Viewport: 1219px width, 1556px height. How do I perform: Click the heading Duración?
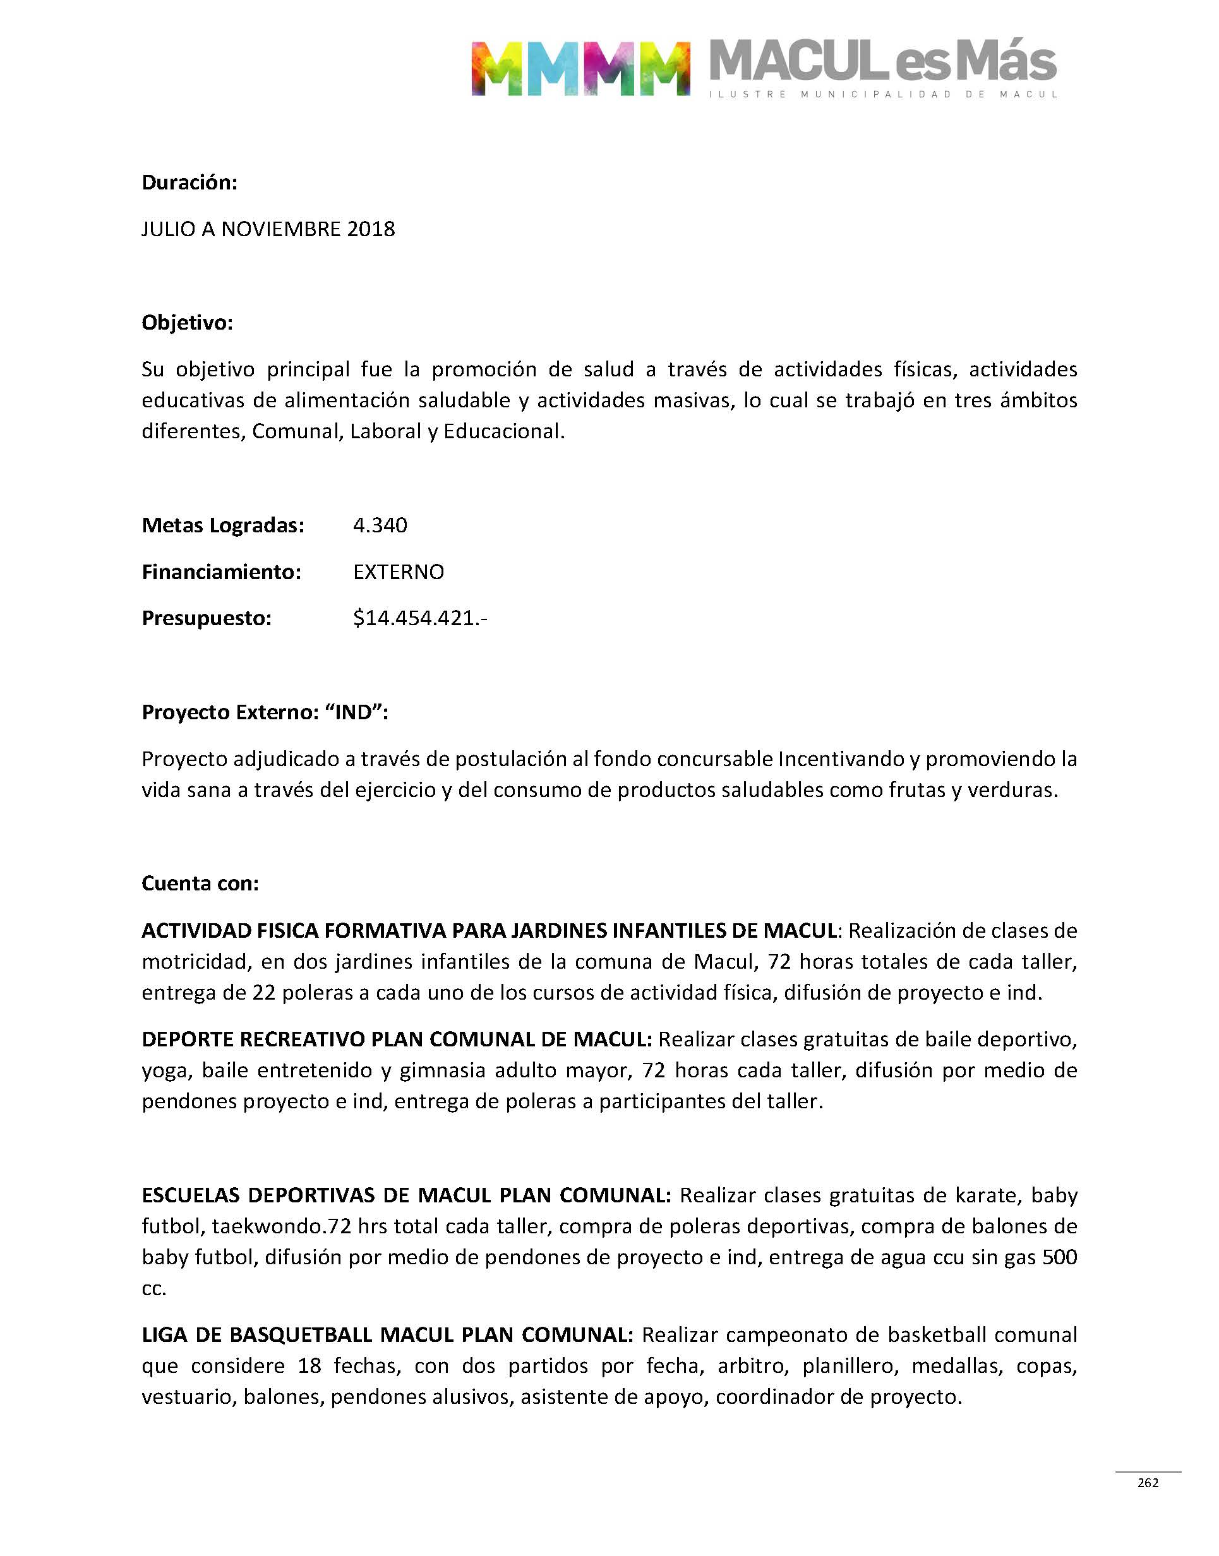point(189,183)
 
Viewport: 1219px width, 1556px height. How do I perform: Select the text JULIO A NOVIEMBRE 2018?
point(268,229)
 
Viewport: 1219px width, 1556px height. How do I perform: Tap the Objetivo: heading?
point(187,323)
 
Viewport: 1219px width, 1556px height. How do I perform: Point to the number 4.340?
point(380,525)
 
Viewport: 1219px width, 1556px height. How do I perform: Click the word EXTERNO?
point(399,572)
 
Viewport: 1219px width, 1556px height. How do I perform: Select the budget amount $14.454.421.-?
point(419,618)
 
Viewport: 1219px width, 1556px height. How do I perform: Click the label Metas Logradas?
point(223,525)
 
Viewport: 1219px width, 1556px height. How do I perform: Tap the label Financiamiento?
point(221,572)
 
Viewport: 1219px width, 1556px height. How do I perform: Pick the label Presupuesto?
point(207,618)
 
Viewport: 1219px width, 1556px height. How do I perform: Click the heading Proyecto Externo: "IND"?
point(265,712)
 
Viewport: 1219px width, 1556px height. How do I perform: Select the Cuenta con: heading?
point(200,883)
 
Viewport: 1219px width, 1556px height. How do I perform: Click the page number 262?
point(1148,1483)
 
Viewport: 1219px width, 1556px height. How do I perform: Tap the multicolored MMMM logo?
point(580,68)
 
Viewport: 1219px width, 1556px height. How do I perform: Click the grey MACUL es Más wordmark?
point(883,61)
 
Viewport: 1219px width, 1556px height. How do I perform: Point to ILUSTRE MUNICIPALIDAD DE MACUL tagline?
point(883,94)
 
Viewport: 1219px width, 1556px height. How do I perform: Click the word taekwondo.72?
point(282,1226)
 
